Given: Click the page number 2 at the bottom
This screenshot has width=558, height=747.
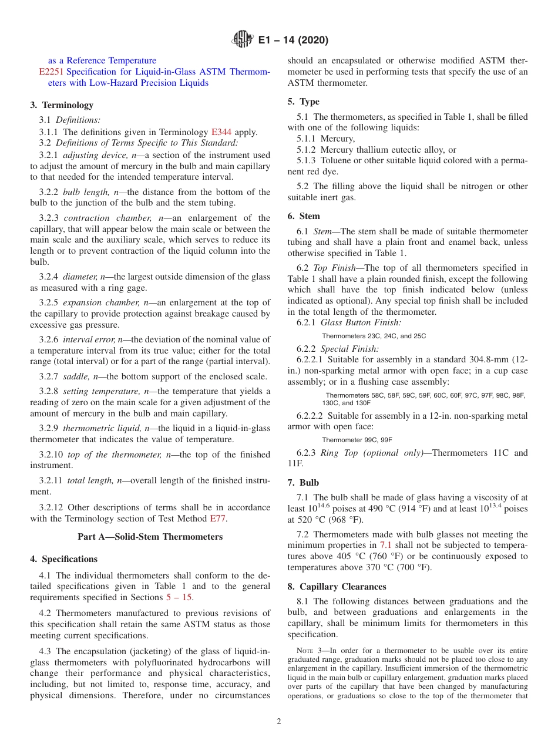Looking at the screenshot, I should tap(279, 722).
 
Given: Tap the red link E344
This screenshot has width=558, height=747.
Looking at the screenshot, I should tap(213, 132).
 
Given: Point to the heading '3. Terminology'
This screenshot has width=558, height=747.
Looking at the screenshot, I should tap(62, 105).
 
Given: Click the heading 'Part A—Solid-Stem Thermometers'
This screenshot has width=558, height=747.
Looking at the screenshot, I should tap(150, 537).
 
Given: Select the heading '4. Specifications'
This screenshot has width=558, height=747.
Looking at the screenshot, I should tap(64, 559).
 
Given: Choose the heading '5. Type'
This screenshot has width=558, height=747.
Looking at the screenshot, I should tap(304, 102).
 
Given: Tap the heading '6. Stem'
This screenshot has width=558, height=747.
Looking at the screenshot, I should tap(304, 216).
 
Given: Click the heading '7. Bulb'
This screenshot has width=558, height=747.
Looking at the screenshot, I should tap(304, 483).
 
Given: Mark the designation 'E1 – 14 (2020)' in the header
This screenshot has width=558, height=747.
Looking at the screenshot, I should tap(293, 40).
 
